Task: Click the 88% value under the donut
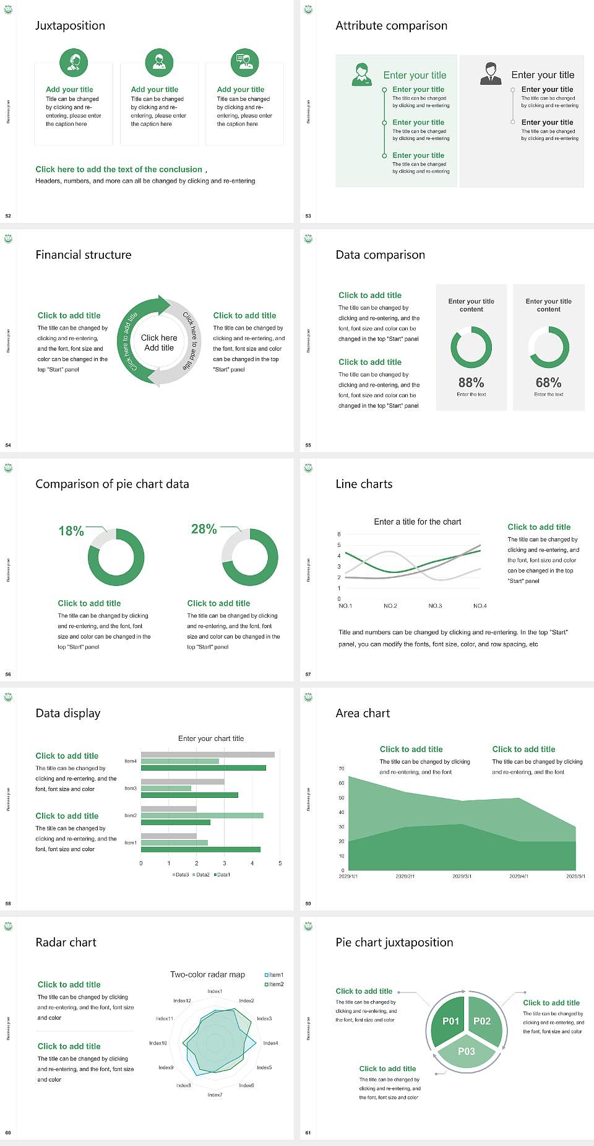[471, 383]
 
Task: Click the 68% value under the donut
[548, 383]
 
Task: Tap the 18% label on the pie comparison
[71, 531]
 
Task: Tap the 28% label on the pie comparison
[204, 529]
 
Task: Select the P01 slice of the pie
[450, 1021]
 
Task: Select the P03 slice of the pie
[467, 1051]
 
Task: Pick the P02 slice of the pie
[482, 1021]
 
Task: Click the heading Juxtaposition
[70, 25]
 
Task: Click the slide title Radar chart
[66, 942]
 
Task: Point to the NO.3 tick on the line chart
[435, 606]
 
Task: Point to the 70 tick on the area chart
[342, 769]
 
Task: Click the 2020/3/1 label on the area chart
[462, 877]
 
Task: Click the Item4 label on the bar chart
[131, 761]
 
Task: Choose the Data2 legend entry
[202, 875]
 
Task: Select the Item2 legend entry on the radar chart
[275, 984]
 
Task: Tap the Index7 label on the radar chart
[215, 1095]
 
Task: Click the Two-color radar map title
[207, 974]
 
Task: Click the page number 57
[308, 674]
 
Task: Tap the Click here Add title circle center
[159, 343]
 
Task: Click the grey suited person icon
[491, 73]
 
